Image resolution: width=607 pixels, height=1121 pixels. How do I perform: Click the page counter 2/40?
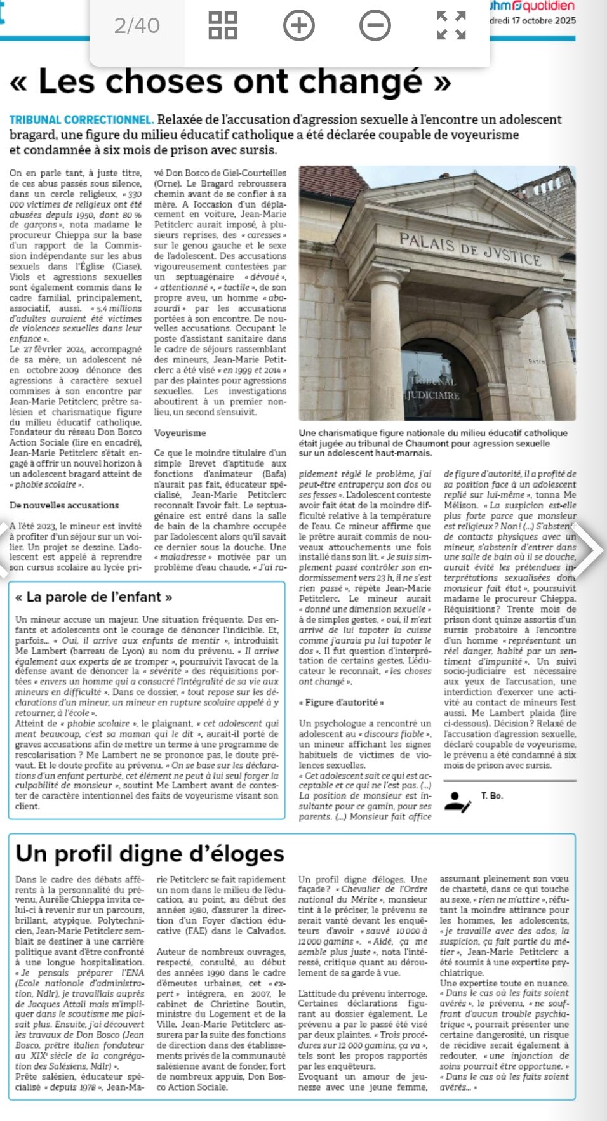click(x=137, y=25)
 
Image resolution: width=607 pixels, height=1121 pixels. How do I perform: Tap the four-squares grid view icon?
click(x=223, y=25)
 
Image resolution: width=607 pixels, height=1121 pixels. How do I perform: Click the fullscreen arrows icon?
click(x=451, y=25)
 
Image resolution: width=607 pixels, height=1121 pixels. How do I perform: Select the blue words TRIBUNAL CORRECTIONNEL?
click(x=81, y=119)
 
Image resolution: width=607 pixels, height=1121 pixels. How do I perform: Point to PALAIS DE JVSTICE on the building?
click(x=470, y=249)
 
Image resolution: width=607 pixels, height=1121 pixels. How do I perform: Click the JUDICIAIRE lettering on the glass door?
click(x=434, y=395)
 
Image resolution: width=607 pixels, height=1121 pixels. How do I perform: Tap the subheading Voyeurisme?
click(x=180, y=433)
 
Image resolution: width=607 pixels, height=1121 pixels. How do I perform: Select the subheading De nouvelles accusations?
click(x=64, y=505)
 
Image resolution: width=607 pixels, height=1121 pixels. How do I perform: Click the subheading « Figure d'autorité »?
click(x=341, y=703)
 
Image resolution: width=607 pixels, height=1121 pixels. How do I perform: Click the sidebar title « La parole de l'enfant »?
click(x=93, y=597)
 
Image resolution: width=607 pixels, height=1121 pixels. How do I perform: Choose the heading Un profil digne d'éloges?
click(x=150, y=853)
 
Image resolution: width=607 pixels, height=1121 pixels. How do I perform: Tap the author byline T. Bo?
click(x=491, y=795)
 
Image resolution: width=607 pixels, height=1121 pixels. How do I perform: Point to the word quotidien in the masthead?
click(x=549, y=6)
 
